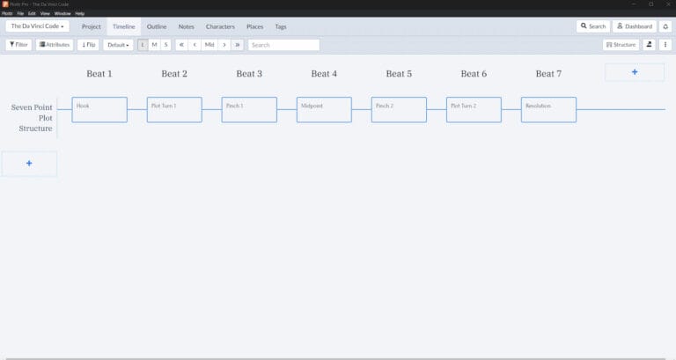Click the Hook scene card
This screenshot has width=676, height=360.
pos(99,109)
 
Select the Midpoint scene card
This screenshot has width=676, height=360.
pos(324,109)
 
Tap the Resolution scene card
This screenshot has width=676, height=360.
pos(548,109)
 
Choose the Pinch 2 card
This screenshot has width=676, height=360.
pos(399,109)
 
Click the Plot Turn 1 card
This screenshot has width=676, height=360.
pos(174,109)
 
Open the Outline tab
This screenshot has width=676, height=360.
pos(157,26)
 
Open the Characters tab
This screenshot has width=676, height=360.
pos(220,26)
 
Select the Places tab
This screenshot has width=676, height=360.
pos(254,26)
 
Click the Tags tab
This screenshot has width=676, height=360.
pos(280,26)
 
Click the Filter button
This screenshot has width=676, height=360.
pos(18,44)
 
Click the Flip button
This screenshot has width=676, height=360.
pos(89,44)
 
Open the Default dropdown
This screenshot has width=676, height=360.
pos(118,44)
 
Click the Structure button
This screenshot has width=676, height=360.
pos(621,44)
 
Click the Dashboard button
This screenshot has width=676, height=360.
pos(635,26)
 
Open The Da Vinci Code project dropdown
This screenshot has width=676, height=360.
pos(38,26)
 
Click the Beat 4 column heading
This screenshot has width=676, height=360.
pos(324,74)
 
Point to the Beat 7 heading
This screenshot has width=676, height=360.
pos(548,74)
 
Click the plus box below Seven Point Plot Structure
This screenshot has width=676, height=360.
pos(29,164)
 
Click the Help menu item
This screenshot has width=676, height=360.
pos(80,13)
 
